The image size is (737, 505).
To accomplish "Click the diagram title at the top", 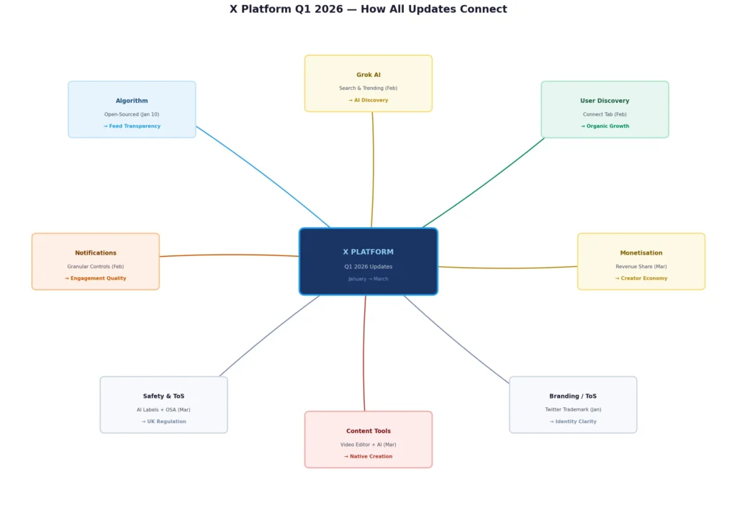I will (368, 9).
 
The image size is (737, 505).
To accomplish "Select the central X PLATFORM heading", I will (368, 252).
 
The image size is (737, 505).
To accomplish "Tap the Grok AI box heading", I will (368, 75).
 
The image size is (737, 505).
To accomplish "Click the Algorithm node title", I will (132, 101).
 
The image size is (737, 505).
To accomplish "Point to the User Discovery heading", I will (605, 101).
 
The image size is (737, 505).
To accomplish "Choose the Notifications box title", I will (96, 253).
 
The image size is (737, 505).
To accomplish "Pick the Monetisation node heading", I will (641, 253).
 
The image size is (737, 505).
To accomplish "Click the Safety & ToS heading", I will (163, 396).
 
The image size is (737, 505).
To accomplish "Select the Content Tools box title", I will (368, 432).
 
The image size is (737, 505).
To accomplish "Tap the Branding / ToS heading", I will (573, 396).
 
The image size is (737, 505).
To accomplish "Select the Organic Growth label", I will (607, 127).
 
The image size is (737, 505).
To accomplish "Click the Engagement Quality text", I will (98, 278).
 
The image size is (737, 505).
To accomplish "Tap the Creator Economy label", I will (643, 278).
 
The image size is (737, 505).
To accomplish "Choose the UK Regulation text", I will (166, 422).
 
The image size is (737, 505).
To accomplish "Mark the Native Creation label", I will (371, 457).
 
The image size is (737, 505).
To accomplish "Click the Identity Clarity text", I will (576, 422).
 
